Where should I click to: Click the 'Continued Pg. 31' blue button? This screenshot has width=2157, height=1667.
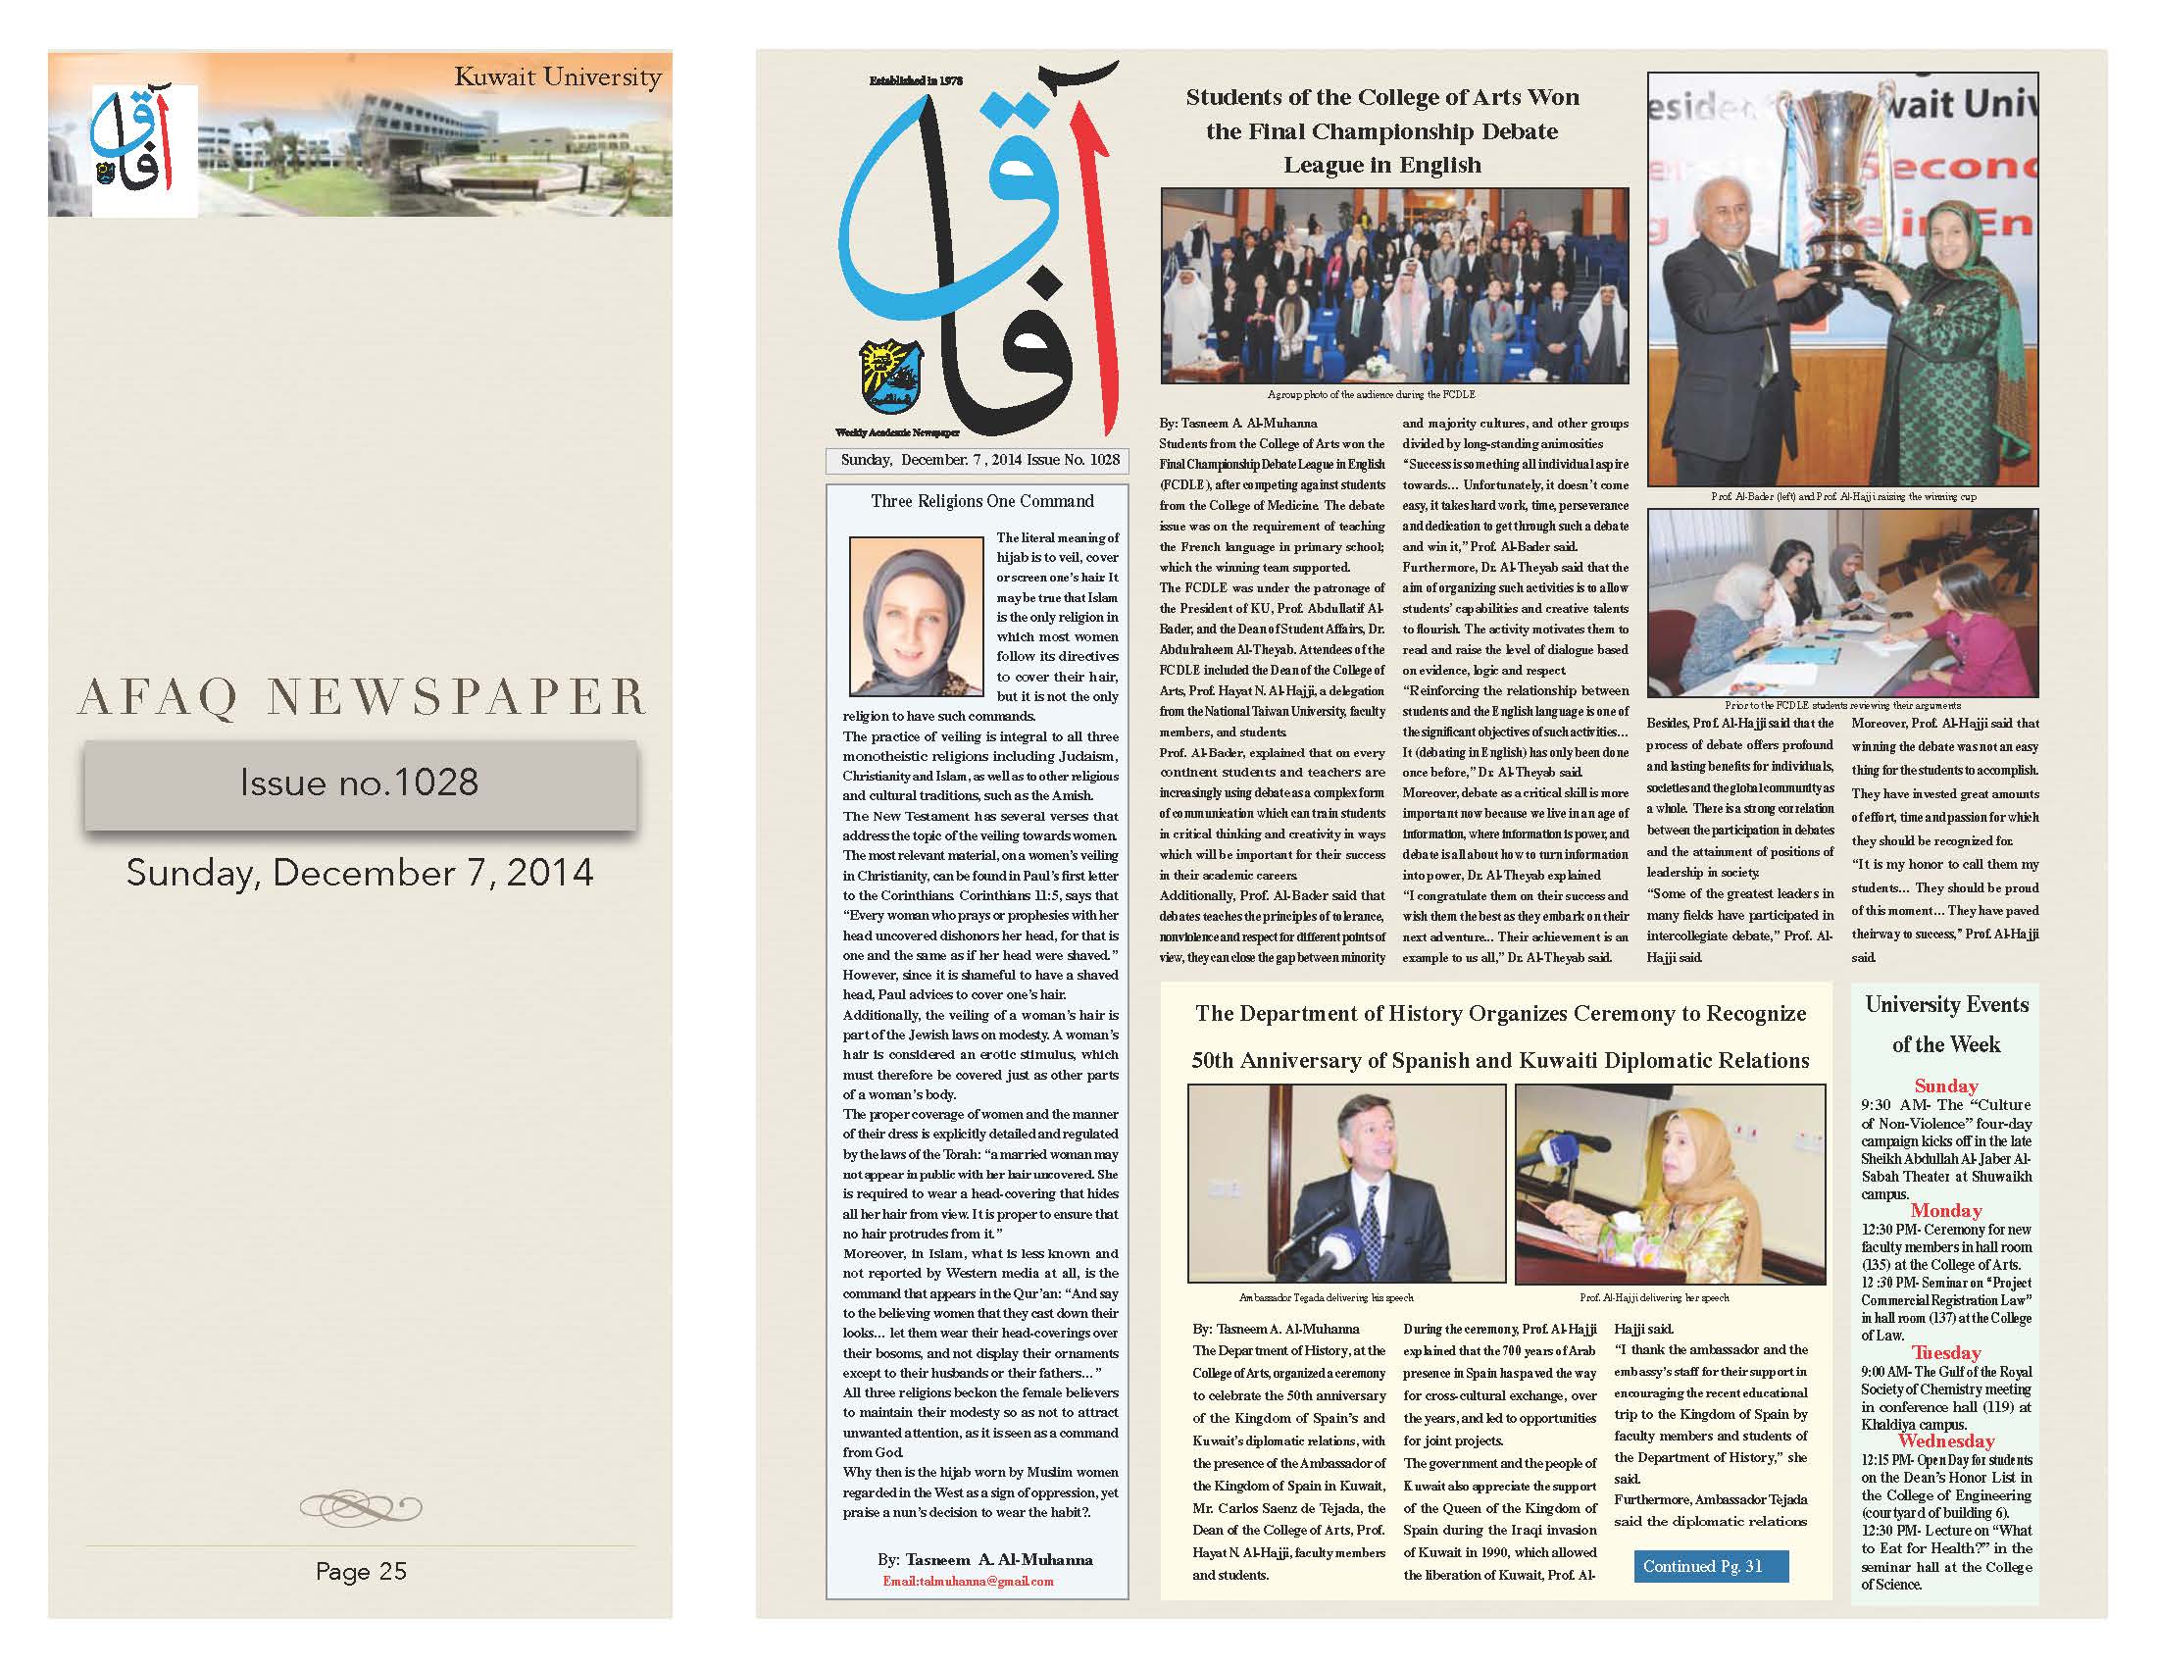1703,1566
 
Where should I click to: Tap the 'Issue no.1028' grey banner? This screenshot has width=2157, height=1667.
361,783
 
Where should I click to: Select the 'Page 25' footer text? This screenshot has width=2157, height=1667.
361,1571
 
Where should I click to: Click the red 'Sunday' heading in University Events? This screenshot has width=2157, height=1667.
1945,1086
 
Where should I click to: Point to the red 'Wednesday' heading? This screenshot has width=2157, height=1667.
1945,1440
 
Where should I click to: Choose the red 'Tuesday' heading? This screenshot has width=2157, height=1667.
1945,1352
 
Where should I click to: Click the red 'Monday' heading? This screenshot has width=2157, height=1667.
1945,1210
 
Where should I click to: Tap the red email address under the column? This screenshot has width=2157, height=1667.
968,1581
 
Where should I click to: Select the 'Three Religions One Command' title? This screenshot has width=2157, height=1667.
981,501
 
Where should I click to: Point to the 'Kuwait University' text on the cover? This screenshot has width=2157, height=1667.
557,77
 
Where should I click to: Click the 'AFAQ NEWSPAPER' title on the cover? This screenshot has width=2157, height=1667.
361,696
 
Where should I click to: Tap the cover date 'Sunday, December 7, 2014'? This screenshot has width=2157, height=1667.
361,873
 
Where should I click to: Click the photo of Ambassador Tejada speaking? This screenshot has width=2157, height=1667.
1346,1184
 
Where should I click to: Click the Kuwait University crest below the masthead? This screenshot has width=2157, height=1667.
891,376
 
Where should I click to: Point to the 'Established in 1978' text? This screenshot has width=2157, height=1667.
915,80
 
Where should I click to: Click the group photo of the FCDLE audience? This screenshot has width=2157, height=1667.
1393,285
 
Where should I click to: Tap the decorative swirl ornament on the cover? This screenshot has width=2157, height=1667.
361,1507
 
